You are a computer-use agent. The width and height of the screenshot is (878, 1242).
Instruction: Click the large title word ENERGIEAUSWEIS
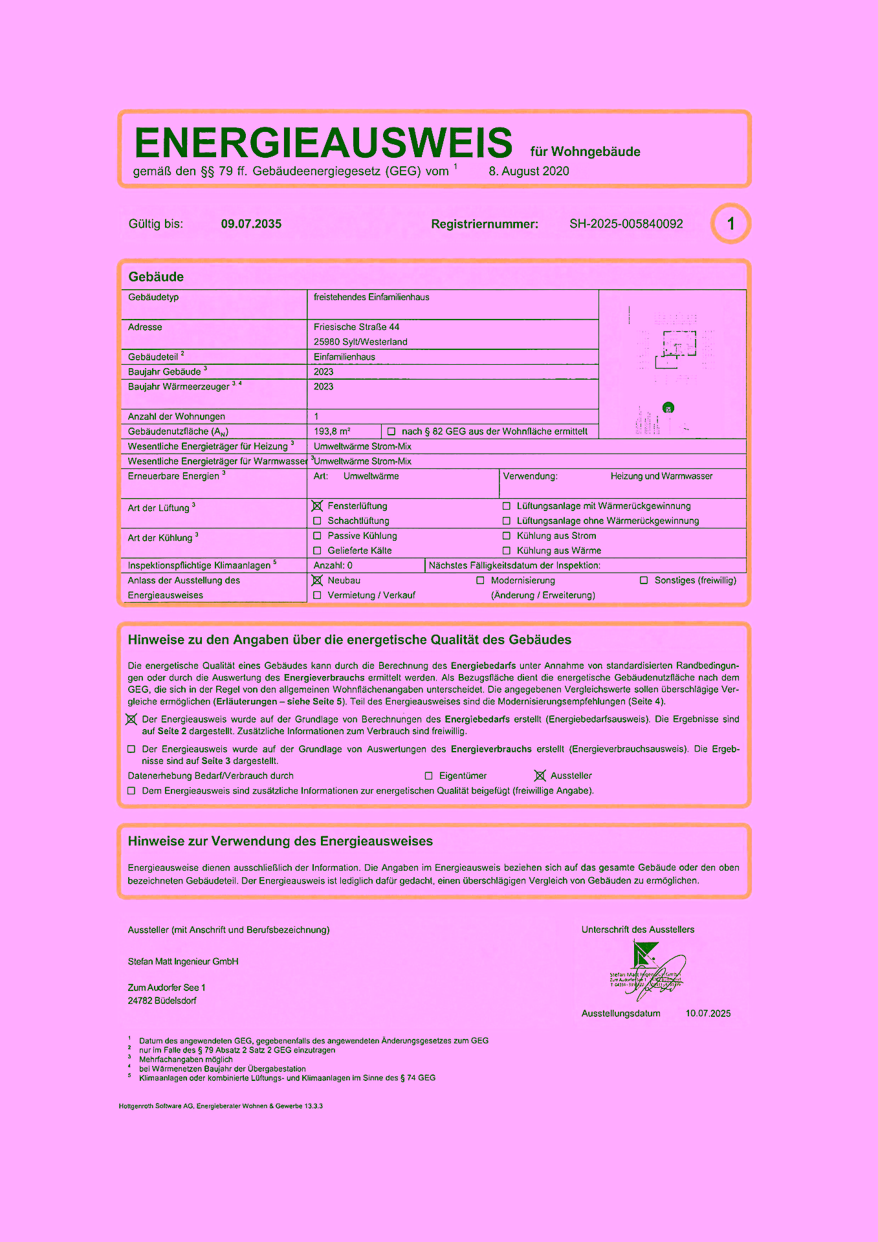tap(323, 143)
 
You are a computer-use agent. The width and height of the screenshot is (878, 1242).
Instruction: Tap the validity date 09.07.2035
tap(251, 224)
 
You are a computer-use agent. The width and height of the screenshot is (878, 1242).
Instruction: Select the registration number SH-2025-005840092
tap(626, 224)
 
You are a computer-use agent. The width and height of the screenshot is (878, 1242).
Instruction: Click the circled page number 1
tap(730, 224)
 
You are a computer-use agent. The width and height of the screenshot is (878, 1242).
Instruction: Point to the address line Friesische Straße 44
tap(357, 327)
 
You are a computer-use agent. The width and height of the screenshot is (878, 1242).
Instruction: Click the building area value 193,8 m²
tap(332, 431)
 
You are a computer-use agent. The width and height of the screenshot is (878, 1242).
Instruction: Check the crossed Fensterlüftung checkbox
tap(317, 506)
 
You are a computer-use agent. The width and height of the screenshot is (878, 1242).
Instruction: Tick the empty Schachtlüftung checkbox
tap(317, 521)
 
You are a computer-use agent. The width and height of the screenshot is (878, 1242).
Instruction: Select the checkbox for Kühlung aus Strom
tap(507, 536)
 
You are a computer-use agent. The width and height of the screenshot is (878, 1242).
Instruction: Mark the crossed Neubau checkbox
tap(317, 580)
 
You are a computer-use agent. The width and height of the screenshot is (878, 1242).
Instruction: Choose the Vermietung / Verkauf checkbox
tap(317, 595)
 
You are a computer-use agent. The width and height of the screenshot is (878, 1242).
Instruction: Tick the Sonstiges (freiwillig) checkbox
tap(644, 580)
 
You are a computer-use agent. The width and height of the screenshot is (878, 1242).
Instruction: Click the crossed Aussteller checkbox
tap(540, 776)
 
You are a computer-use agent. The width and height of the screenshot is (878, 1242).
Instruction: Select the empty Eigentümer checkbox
tap(428, 776)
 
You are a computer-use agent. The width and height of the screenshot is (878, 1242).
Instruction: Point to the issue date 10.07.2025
tap(708, 1014)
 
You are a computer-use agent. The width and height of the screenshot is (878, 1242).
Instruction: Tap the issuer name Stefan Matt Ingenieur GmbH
tap(183, 962)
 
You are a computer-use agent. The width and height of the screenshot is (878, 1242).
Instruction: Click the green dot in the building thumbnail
tap(668, 408)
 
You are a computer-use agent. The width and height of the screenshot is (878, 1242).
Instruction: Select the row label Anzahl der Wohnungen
tap(177, 417)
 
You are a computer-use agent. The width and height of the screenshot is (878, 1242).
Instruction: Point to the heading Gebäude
tap(156, 277)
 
